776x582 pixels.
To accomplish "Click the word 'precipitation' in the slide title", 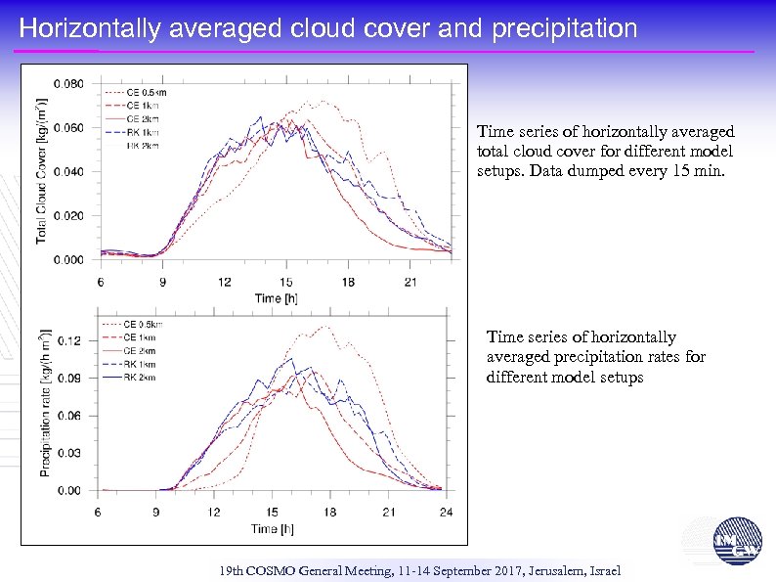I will [565, 29].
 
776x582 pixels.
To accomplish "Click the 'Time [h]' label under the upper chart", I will [276, 298].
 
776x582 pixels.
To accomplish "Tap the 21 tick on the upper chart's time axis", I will [410, 282].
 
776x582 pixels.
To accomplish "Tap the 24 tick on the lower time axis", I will [447, 512].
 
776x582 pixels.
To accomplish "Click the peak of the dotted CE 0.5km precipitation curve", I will [325, 327].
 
